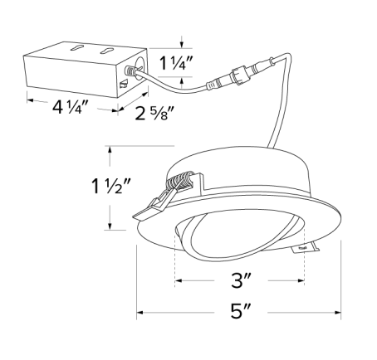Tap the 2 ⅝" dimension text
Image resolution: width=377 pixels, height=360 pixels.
click(155, 114)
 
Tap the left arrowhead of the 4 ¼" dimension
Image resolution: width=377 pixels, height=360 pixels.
click(27, 100)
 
